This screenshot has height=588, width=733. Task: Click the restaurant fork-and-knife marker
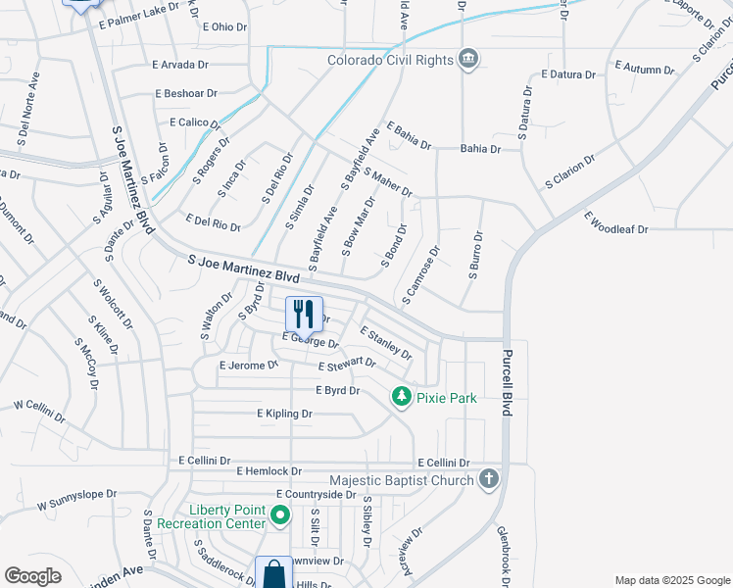304,314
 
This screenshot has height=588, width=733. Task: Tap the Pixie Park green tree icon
400,397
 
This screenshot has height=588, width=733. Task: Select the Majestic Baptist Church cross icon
489,480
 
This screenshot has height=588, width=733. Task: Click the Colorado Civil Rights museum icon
468,60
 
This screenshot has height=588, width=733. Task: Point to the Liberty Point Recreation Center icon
279,515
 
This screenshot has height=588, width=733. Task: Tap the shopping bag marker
273,574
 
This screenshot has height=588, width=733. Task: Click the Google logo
33,576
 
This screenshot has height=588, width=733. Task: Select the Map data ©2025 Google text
671,580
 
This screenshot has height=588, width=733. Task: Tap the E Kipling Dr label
284,415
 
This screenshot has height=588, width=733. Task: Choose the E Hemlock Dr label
269,471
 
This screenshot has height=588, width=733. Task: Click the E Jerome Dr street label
249,365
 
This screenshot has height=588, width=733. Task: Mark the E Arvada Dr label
180,65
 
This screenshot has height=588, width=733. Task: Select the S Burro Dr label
475,255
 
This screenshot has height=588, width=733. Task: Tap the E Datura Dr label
568,74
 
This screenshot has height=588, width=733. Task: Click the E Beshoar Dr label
184,93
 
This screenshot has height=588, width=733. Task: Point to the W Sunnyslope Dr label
76,501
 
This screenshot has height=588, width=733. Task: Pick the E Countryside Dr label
316,495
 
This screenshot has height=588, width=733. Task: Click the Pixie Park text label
446,398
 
